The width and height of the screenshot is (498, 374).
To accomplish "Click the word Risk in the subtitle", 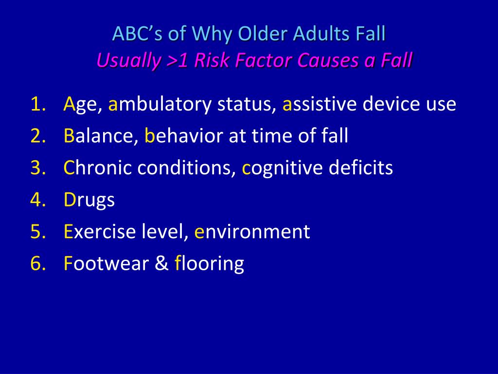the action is tap(212, 60).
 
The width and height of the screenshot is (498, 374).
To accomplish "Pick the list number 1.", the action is tap(38, 104).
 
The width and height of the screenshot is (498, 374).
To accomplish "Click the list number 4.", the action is tap(38, 199).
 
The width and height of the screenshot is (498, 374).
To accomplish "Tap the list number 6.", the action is tap(38, 263).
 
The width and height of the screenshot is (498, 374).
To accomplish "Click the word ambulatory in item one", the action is tap(160, 105).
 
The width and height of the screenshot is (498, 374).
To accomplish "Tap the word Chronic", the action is tap(98, 167).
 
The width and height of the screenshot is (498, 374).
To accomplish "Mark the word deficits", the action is tap(361, 167).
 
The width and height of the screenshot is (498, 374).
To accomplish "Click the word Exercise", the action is tap(100, 231).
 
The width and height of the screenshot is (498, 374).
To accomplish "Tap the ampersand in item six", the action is tap(161, 263).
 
